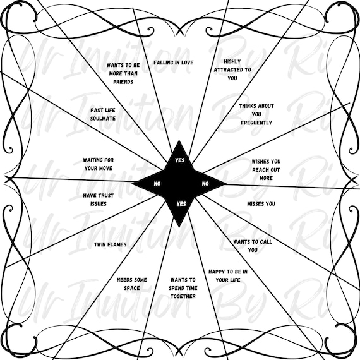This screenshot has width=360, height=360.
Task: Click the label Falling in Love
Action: pos(174,63)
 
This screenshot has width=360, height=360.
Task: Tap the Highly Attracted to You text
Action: pos(232,70)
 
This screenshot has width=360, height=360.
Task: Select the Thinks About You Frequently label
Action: pos(256,114)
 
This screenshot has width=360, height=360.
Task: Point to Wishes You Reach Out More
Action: pos(266,170)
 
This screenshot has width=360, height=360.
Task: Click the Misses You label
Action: pos(261,204)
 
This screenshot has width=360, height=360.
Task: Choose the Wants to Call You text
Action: pos(253,246)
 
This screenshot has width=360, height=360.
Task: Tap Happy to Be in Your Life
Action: pos(228,276)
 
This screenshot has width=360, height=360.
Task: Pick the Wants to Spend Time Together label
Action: pos(183,288)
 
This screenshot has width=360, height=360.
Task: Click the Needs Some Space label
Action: pos(132,284)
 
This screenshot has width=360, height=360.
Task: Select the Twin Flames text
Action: pos(110,244)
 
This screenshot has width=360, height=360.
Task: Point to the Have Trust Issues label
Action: pos(99,200)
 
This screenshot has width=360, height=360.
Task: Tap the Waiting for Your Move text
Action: pos(99,164)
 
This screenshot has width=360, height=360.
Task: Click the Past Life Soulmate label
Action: pos(103,114)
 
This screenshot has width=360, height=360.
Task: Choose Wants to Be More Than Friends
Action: pos(123,73)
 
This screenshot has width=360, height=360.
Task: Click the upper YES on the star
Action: pos(180,160)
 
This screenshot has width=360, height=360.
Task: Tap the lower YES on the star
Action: pos(181,204)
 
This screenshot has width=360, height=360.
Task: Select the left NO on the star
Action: pos(157,184)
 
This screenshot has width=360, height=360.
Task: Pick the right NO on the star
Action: pos(205,184)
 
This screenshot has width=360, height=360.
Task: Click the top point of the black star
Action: pos(179,140)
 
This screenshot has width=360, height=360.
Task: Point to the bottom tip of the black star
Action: pos(179,227)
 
